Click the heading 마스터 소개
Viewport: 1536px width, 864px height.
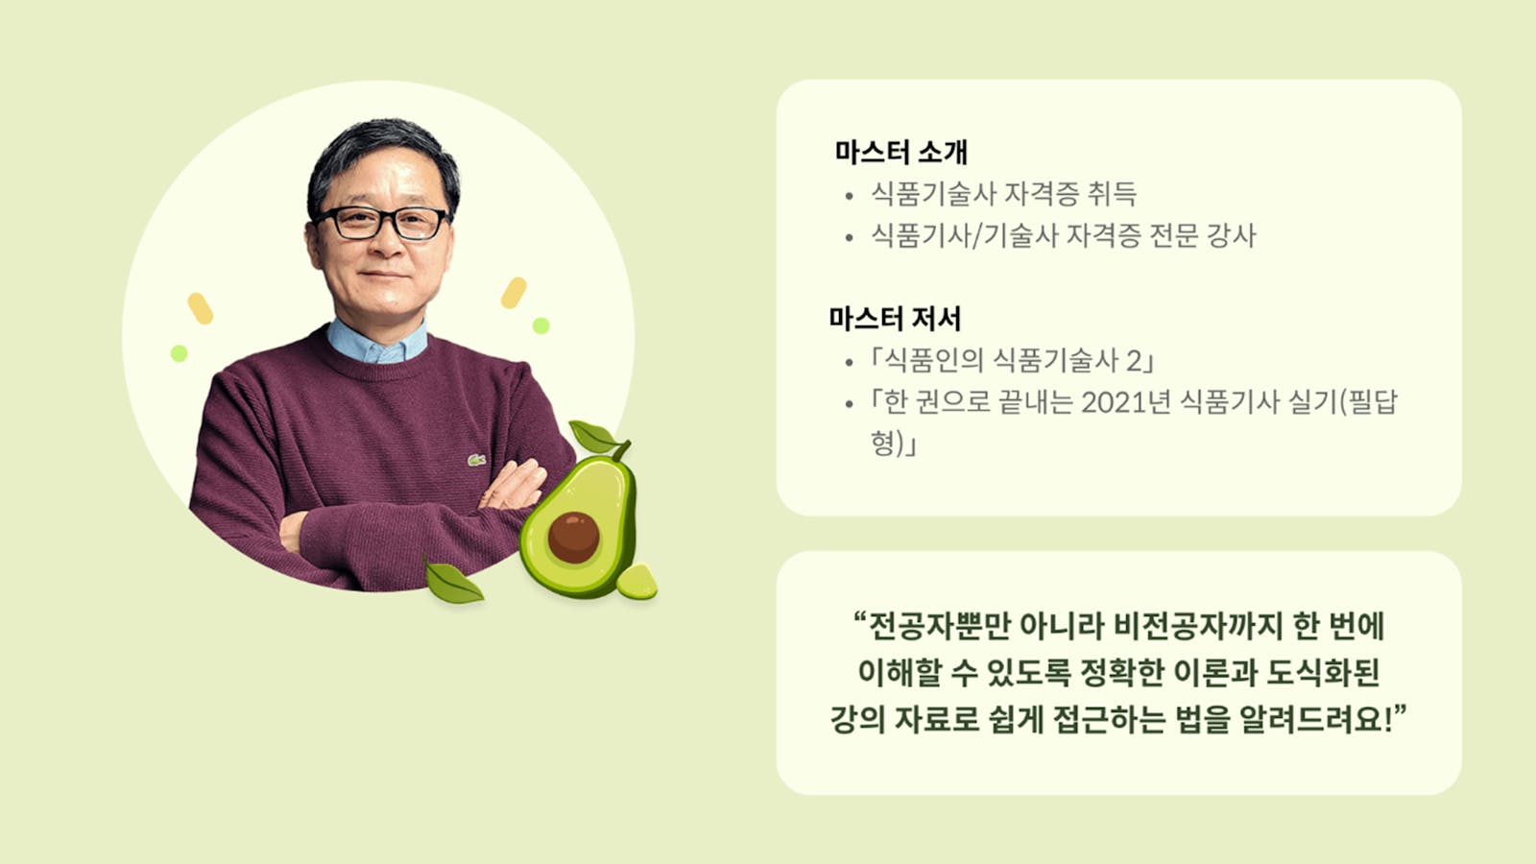point(900,152)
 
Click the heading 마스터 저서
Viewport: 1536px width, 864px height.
point(895,318)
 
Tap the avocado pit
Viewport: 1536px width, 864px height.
point(574,538)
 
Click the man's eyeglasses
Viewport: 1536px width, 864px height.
point(381,223)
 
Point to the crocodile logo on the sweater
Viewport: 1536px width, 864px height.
point(476,460)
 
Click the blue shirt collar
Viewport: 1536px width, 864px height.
point(377,343)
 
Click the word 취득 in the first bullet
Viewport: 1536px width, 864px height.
point(1112,193)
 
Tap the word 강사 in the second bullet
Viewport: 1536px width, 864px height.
point(1231,235)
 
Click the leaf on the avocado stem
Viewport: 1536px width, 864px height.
point(594,437)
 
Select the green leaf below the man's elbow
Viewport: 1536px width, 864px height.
point(452,583)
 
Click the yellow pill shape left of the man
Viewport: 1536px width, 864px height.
point(201,308)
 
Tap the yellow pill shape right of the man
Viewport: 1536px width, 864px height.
point(514,293)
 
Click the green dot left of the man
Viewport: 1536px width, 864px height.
point(179,354)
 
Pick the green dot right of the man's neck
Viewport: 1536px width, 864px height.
point(541,325)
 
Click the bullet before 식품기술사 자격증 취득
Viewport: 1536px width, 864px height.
point(850,196)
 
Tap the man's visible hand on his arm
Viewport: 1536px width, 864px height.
point(515,486)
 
